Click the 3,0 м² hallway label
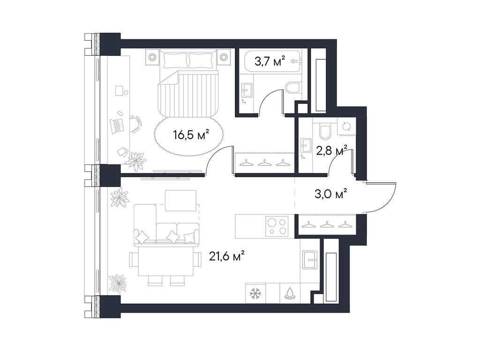pos(333,193)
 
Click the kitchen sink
pos(310,259)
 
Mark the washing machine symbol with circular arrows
pos(346,126)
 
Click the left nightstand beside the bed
pos(153,57)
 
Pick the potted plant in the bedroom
pos(136,160)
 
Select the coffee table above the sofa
pos(180,200)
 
